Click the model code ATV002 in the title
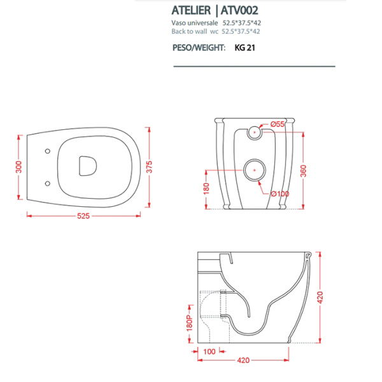[238, 10]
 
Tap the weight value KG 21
[246, 47]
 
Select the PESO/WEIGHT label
[199, 47]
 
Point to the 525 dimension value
[84, 216]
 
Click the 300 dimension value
[19, 167]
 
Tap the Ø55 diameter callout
[278, 124]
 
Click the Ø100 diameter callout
[279, 194]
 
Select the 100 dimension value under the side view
[209, 351]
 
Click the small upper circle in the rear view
[253, 133]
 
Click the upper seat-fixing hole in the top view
[48, 152]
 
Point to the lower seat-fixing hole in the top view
[48, 184]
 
